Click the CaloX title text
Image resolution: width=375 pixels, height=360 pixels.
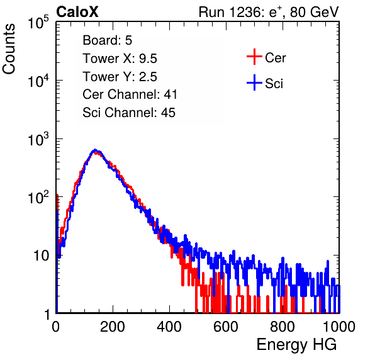pos(77,12)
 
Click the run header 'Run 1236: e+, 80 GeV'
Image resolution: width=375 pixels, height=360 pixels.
pos(269,12)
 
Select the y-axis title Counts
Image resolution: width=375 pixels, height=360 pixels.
pos(9,49)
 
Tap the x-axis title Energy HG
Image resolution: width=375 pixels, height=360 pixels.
pos(296,345)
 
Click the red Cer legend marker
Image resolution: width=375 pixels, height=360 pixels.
pos(254,57)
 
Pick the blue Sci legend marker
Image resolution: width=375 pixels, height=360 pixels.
pos(254,83)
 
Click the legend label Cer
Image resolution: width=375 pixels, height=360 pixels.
pos(275,58)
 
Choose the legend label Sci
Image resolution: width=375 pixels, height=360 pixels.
pos(274,84)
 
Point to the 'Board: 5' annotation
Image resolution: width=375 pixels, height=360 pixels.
pos(108,40)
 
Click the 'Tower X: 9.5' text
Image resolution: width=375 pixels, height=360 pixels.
pos(120,59)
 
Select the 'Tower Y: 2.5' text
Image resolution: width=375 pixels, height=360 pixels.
pos(120,77)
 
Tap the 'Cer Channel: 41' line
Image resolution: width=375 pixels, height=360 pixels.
pos(130,94)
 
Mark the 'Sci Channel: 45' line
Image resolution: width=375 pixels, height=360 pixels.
pos(129,113)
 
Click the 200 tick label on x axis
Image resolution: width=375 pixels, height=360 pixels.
pos(113,327)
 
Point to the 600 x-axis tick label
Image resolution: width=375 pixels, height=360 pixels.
pos(226,327)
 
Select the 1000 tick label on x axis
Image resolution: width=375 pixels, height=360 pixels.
pos(339,327)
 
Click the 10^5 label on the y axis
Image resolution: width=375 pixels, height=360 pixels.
pos(38,23)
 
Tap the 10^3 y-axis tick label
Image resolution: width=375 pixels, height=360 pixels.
pos(38,140)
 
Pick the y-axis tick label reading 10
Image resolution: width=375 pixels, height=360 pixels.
pos(41,256)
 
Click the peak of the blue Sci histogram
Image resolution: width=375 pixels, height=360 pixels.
pos(95,150)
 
